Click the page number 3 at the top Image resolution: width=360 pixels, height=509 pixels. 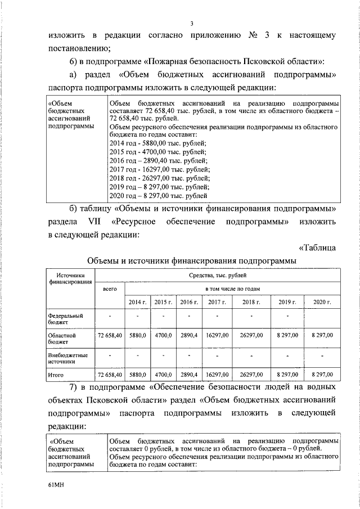[x=192, y=23]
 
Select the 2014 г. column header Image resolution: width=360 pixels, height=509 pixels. [x=138, y=303]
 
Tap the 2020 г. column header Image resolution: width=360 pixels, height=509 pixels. [x=322, y=303]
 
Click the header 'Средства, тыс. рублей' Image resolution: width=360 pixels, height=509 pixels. [x=217, y=276]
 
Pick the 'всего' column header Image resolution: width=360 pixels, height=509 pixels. [x=110, y=289]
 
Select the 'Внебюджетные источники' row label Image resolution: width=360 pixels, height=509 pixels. [x=68, y=359]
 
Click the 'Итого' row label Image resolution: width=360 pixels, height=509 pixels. [x=57, y=374]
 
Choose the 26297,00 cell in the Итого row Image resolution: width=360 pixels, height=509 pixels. [x=251, y=374]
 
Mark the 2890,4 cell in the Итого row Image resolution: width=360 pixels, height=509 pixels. [x=189, y=374]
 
